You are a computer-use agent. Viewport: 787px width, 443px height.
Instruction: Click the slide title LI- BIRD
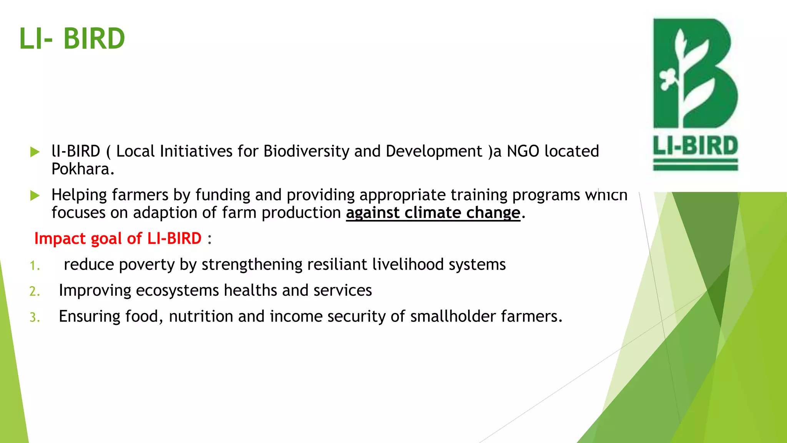point(72,39)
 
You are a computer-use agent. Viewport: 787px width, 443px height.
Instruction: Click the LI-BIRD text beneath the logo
point(696,146)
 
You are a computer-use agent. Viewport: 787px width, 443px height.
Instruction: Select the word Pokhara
point(83,169)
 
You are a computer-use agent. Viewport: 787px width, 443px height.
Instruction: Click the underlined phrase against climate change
point(433,213)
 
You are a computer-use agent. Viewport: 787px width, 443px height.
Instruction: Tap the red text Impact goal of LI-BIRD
point(118,238)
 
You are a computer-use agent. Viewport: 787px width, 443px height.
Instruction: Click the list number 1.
point(35,266)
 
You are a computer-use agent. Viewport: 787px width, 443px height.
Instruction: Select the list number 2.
point(35,291)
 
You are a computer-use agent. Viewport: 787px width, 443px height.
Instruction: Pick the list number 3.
point(35,318)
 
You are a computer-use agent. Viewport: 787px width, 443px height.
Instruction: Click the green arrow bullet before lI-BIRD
point(35,152)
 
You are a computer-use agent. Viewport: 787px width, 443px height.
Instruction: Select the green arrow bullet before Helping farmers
point(35,196)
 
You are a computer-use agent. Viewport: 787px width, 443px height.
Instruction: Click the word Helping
point(79,195)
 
